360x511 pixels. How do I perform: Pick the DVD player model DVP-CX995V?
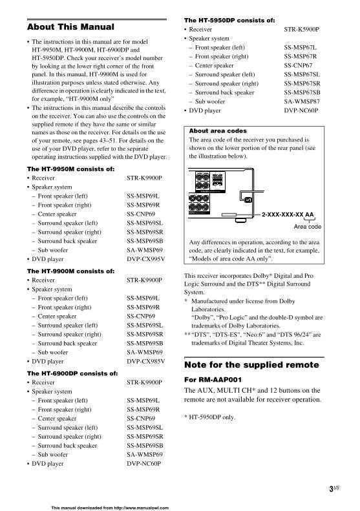(145, 258)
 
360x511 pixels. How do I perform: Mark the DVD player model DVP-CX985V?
(145, 362)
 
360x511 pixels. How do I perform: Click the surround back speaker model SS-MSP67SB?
(305, 93)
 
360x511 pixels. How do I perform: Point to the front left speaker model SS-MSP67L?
(301, 48)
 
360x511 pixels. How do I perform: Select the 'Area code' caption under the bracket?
(307, 227)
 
